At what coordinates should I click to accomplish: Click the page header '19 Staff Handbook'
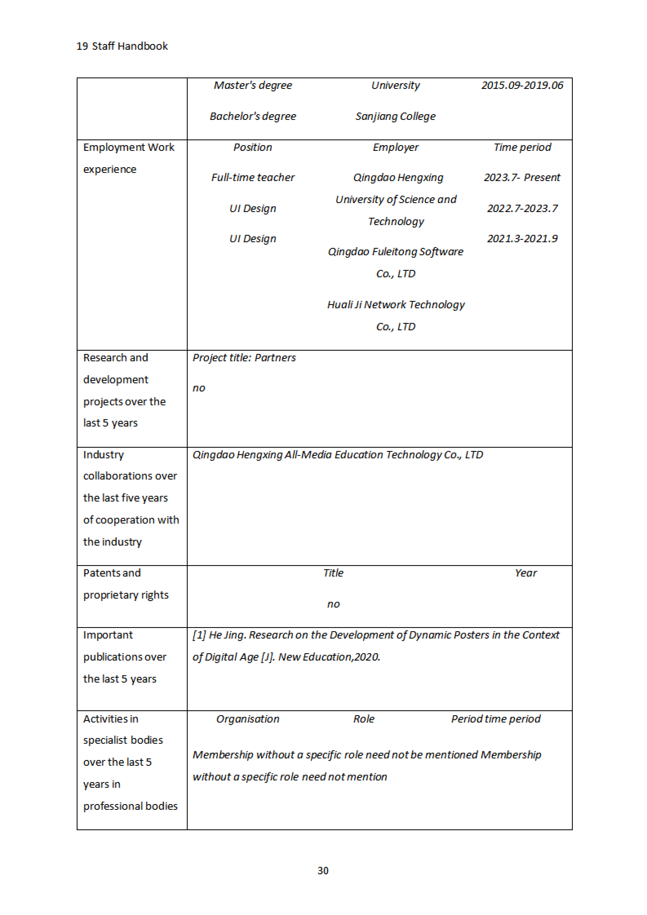pyautogui.click(x=122, y=46)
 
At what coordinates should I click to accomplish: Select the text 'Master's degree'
pyautogui.click(x=253, y=85)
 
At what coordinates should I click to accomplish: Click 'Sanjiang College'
pyautogui.click(x=396, y=116)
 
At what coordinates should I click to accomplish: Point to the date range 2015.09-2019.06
pyautogui.click(x=522, y=85)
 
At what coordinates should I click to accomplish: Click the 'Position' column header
pyautogui.click(x=253, y=147)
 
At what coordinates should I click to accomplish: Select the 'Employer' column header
pyautogui.click(x=396, y=147)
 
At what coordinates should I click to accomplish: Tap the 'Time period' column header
pyautogui.click(x=522, y=147)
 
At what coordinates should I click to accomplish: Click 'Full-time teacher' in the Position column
pyautogui.click(x=253, y=177)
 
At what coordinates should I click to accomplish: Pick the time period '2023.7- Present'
pyautogui.click(x=522, y=177)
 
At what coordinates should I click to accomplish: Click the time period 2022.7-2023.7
pyautogui.click(x=522, y=208)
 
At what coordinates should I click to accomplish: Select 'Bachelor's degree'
pyautogui.click(x=253, y=116)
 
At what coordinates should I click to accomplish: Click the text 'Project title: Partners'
pyautogui.click(x=244, y=358)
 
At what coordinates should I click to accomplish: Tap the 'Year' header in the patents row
pyautogui.click(x=526, y=573)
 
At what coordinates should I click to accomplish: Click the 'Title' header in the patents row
pyautogui.click(x=333, y=573)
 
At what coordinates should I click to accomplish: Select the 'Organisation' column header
pyautogui.click(x=248, y=719)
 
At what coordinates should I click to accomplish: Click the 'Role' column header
pyautogui.click(x=363, y=719)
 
